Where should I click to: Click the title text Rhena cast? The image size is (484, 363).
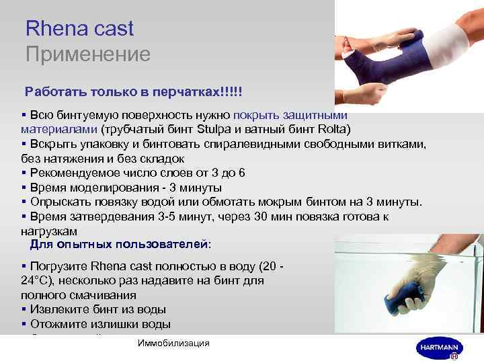click(79, 29)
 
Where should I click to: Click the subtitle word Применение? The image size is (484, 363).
click(87, 54)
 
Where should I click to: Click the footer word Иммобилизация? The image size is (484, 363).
click(173, 343)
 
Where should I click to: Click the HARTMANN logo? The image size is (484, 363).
click(439, 348)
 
